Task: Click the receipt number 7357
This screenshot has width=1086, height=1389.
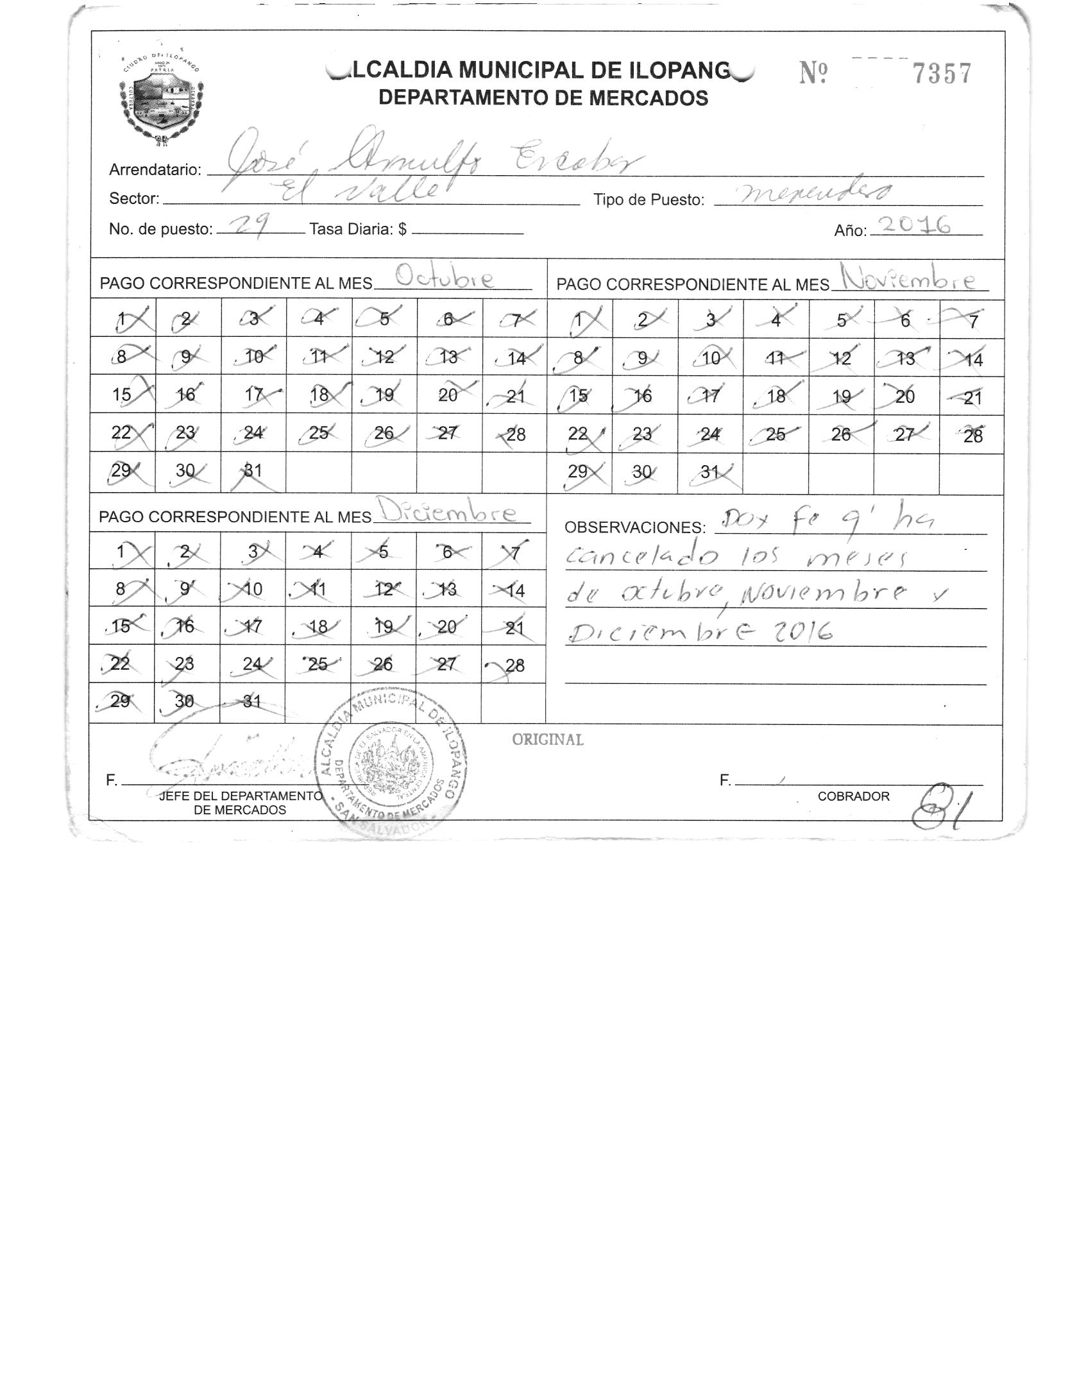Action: click(942, 74)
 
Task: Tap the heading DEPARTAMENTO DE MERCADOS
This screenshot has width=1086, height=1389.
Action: click(543, 98)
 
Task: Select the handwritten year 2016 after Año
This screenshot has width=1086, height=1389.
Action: click(914, 226)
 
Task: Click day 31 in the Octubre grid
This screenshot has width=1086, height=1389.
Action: click(252, 471)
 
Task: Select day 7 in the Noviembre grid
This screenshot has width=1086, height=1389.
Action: click(972, 321)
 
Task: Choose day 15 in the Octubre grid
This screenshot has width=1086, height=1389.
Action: click(122, 395)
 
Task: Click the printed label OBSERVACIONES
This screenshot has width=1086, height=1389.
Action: click(634, 527)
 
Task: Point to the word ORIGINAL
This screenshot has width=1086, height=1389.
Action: click(547, 740)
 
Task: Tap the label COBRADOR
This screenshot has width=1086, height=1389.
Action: click(853, 796)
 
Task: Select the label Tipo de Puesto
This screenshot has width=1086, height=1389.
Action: click(649, 200)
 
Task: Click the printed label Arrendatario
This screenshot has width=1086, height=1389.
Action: click(155, 170)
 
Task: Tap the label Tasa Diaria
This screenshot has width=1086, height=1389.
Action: click(357, 229)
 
